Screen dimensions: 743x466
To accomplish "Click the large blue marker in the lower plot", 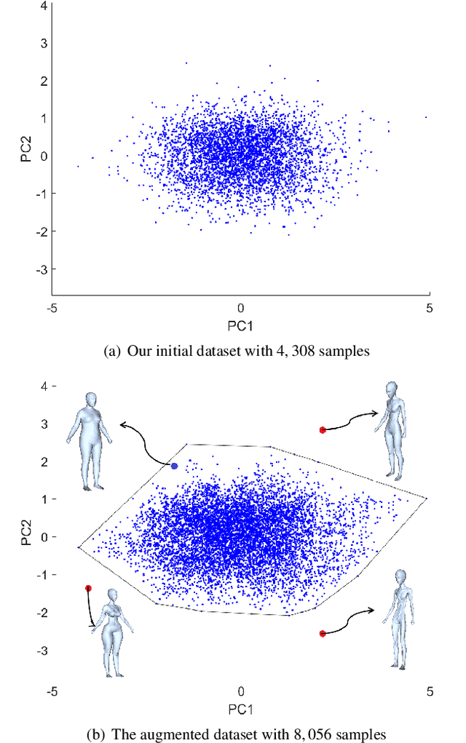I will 174,466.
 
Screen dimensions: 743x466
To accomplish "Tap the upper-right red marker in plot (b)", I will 323,430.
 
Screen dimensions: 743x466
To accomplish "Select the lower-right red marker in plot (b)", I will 323,634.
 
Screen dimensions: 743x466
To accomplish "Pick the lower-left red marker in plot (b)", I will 88,588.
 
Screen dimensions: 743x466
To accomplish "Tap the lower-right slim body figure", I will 398,619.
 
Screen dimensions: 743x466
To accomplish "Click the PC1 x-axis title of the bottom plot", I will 240,708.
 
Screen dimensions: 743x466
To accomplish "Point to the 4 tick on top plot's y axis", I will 44,6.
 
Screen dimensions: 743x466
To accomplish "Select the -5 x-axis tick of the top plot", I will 52,309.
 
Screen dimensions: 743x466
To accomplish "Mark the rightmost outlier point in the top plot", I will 426,117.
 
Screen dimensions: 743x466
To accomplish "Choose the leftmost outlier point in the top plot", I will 78,167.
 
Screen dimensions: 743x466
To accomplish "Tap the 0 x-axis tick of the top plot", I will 241,309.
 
